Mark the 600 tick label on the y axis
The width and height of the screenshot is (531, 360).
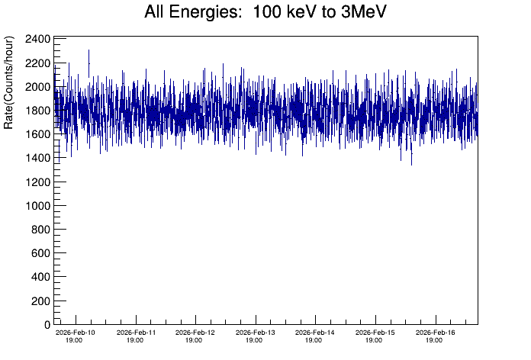pos(41,253)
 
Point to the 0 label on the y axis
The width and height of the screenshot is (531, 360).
pos(47,325)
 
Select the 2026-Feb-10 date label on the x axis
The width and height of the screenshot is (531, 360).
pos(76,336)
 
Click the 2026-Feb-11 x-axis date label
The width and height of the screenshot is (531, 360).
pos(136,336)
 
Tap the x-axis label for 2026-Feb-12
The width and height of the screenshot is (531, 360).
pos(195,336)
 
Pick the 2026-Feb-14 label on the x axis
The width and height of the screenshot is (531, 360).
pos(315,336)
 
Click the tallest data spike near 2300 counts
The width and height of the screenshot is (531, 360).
pos(89,51)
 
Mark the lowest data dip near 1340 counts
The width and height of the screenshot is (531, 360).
pos(411,163)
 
